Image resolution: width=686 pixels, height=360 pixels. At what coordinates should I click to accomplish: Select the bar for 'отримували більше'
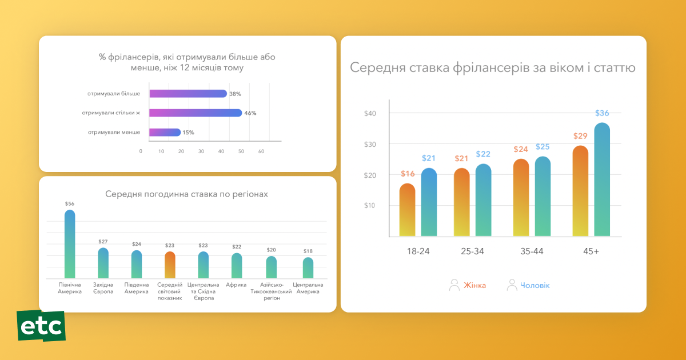[188, 94]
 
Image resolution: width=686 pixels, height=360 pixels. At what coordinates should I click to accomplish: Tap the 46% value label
[250, 113]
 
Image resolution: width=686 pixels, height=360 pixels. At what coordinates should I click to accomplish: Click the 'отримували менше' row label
[114, 133]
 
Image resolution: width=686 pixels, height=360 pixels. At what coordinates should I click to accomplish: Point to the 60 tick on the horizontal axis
[261, 151]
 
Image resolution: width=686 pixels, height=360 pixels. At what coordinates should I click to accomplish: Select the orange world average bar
[170, 265]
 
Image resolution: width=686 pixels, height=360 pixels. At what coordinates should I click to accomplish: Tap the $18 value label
[308, 251]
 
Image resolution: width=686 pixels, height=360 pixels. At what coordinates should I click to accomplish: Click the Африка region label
[236, 285]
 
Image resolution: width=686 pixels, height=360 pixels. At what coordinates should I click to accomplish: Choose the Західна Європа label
[103, 288]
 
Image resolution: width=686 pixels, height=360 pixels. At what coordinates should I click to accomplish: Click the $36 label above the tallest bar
[602, 113]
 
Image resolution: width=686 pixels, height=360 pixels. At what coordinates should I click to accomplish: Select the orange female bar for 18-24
[407, 210]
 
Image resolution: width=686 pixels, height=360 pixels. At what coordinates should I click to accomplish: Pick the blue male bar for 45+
[602, 179]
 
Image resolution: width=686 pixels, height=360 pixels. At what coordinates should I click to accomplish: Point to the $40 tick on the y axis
[370, 113]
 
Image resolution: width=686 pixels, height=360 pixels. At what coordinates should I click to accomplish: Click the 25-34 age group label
[472, 251]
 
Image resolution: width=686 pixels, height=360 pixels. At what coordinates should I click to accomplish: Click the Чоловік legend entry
[528, 285]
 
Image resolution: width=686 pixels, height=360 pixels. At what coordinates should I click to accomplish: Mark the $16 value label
[408, 174]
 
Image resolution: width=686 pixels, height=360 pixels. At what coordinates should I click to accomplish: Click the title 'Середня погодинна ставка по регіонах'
[186, 194]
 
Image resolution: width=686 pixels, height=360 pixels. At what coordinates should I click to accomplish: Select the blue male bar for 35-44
[543, 197]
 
